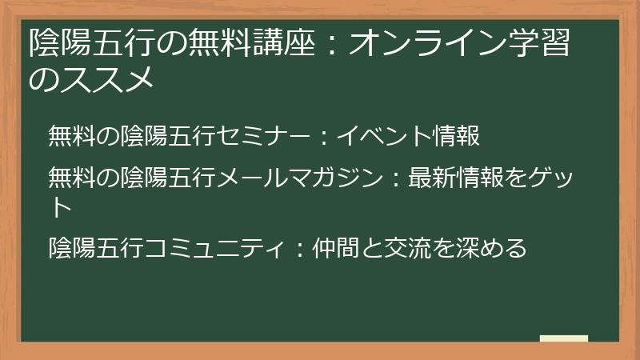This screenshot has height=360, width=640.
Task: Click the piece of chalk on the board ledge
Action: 564,338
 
